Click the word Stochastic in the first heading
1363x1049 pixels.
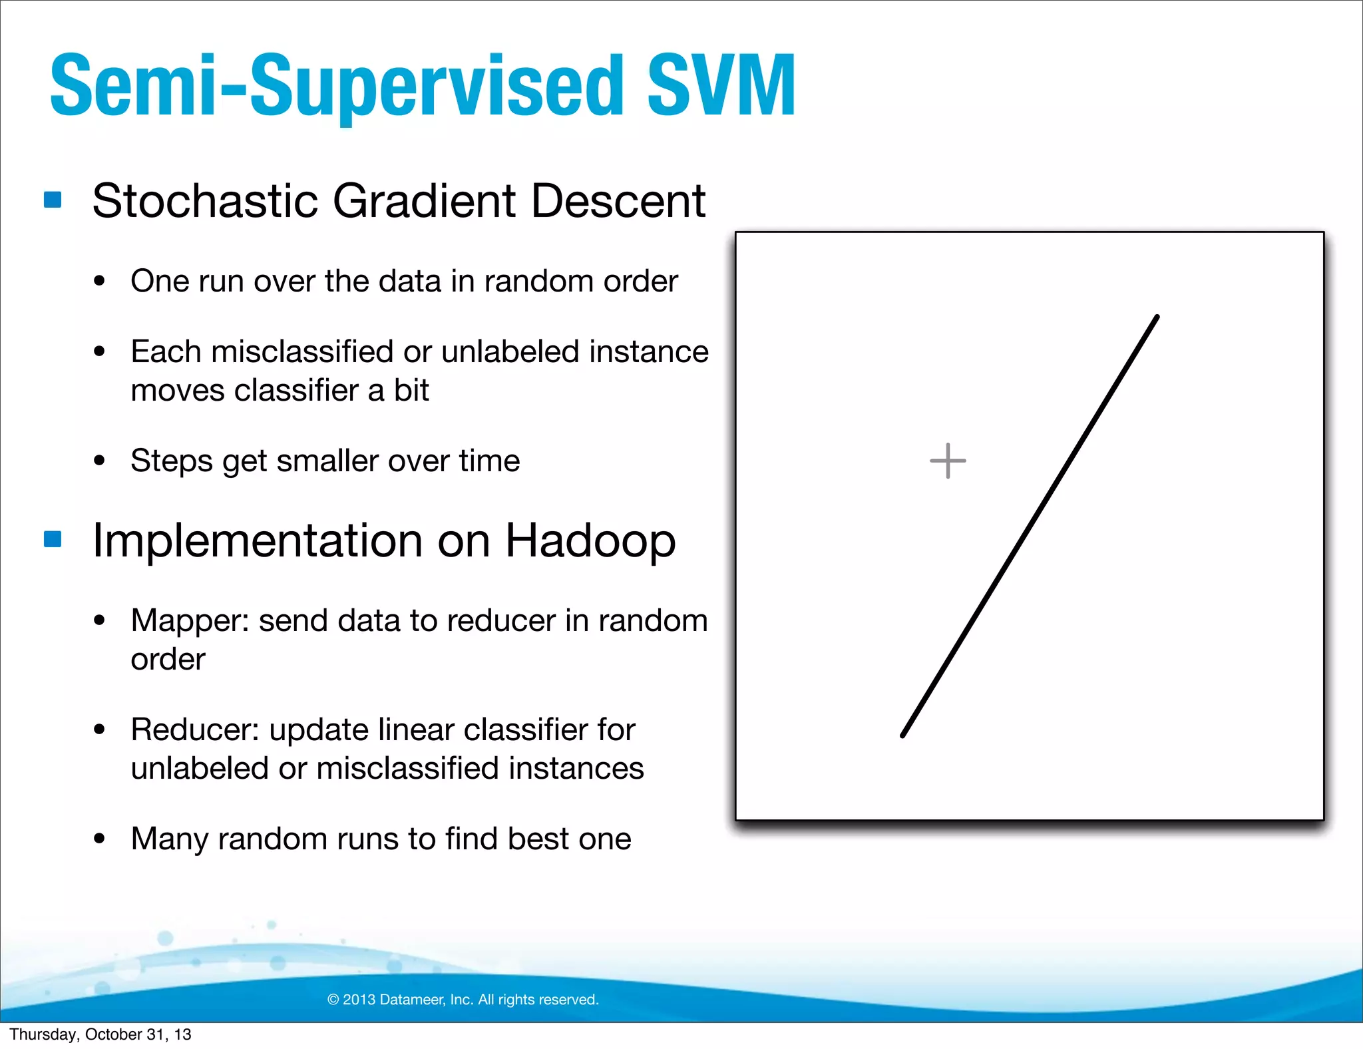pos(205,201)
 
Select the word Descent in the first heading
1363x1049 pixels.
pos(618,201)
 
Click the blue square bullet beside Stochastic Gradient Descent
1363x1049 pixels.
pos(53,200)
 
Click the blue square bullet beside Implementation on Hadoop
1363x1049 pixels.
pos(53,538)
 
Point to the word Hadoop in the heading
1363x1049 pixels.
pos(590,540)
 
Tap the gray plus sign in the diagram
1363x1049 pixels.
pos(948,461)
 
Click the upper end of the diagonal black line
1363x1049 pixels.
pos(1157,317)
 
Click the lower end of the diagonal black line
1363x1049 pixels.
pos(903,735)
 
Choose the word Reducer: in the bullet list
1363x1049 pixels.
pos(194,730)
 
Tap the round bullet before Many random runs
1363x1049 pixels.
pos(100,839)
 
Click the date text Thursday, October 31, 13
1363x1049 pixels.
pos(100,1034)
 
